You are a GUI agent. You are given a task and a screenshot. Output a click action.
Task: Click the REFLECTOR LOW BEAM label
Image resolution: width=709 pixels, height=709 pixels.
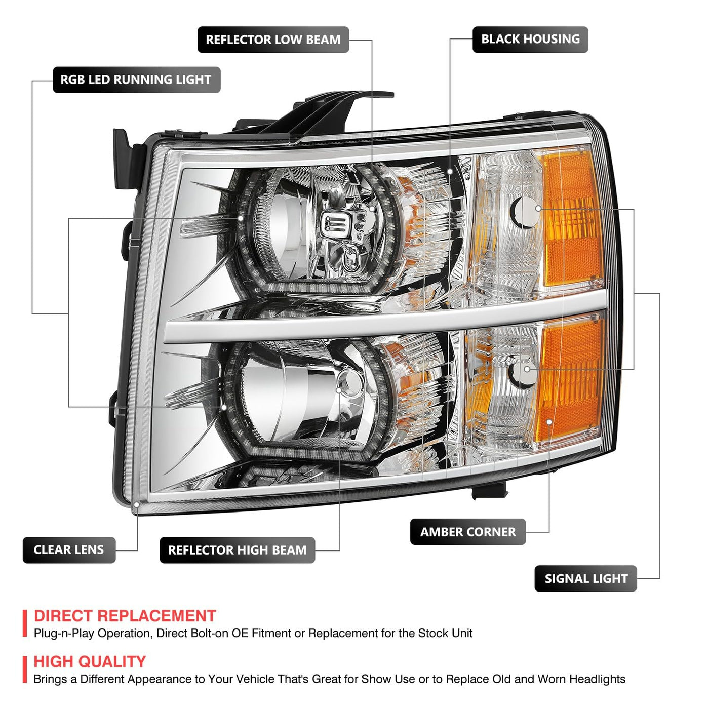273,40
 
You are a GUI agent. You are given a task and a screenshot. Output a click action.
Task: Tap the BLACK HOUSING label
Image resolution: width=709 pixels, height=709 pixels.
530,39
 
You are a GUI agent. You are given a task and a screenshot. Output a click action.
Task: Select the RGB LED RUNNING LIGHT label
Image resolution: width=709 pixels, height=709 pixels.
137,80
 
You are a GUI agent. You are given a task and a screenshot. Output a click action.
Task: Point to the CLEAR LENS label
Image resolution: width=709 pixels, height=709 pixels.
69,549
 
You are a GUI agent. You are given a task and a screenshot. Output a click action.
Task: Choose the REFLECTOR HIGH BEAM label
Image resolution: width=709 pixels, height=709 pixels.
238,549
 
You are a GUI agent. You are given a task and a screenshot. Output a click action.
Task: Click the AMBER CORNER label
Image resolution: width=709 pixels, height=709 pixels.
468,532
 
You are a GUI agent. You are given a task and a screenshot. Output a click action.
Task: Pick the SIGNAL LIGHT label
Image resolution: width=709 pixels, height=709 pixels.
586,578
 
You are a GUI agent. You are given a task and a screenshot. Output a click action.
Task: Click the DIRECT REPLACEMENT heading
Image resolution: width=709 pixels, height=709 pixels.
125,616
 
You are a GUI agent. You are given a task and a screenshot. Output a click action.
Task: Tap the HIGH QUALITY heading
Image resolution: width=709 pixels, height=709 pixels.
90,661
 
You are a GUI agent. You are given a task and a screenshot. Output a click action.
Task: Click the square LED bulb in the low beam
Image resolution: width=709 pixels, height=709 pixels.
333,223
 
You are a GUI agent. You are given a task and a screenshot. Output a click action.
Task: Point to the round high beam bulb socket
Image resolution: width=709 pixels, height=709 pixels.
349,383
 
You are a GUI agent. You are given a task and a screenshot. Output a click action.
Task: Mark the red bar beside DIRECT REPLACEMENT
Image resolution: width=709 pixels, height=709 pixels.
25,623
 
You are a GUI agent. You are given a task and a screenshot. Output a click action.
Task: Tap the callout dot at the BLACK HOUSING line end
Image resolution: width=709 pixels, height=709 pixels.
450,172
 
